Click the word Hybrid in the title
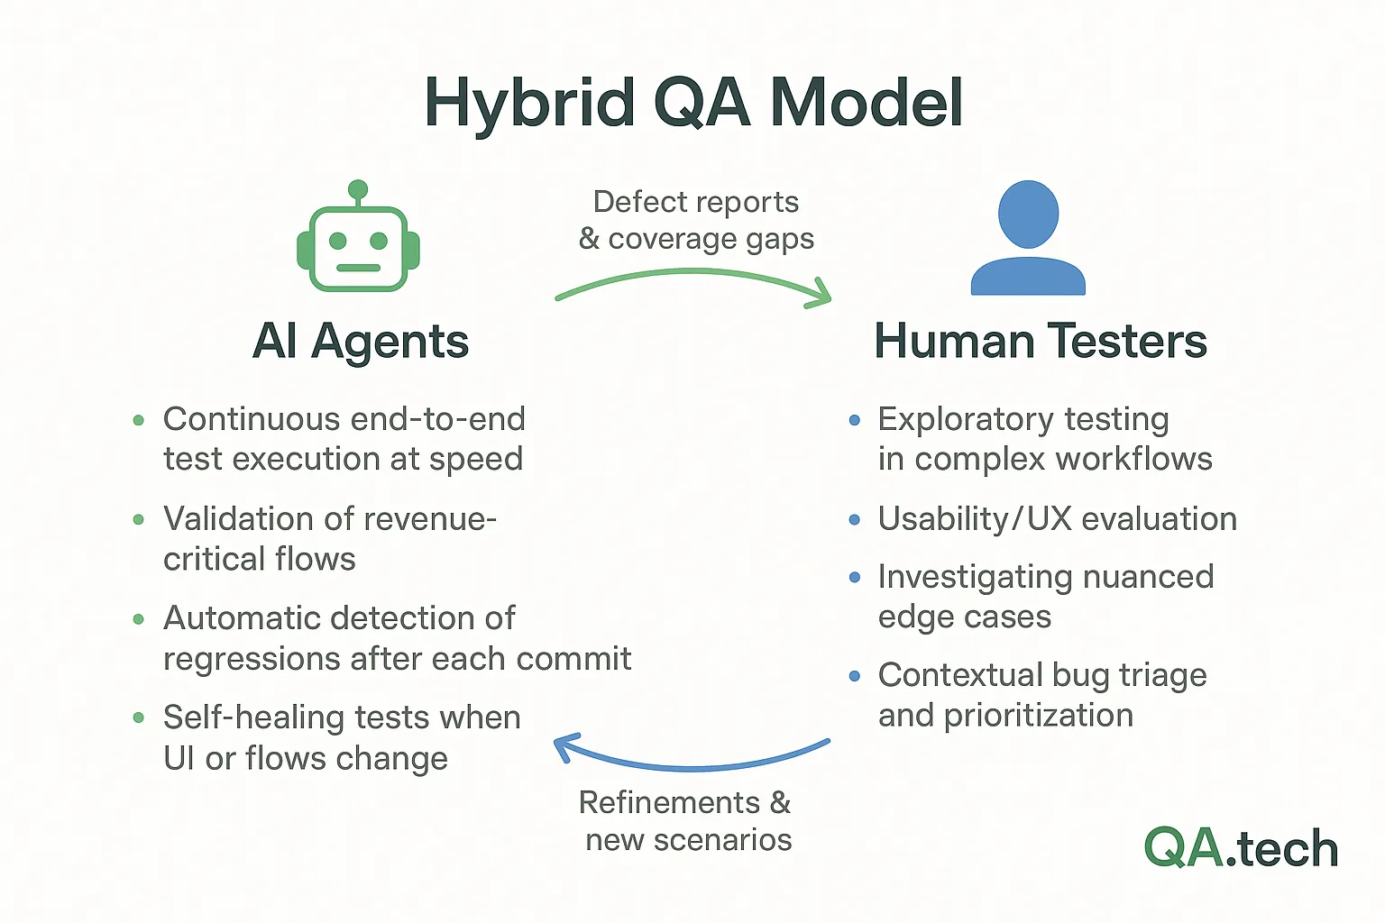(529, 103)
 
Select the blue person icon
(1028, 239)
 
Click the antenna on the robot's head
(358, 190)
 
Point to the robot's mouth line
(358, 268)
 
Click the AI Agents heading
(361, 342)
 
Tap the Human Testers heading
(1041, 342)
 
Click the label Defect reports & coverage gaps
(696, 220)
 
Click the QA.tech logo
(1241, 849)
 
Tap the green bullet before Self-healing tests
(138, 718)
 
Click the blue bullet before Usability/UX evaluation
(854, 520)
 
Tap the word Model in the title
(867, 103)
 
